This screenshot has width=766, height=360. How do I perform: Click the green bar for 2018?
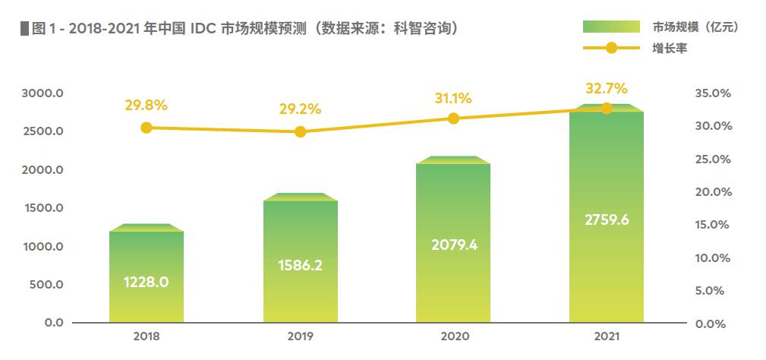tap(147, 273)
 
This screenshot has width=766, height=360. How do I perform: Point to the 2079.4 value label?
tap(453, 245)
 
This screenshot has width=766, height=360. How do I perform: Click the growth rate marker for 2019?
tap(300, 131)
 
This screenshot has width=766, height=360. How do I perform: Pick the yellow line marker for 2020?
tap(453, 118)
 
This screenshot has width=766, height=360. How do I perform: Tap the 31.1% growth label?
tap(453, 98)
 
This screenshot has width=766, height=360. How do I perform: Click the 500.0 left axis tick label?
tap(47, 285)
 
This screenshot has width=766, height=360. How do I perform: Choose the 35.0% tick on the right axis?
tap(712, 93)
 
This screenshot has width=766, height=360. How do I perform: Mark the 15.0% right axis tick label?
tap(712, 225)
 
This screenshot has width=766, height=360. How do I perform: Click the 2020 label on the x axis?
tap(453, 336)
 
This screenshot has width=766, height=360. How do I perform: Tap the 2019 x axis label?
tap(300, 336)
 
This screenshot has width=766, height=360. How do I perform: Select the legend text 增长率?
tap(669, 49)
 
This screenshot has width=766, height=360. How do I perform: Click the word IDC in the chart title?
tap(195, 28)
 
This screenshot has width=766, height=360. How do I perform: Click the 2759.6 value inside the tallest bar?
tap(607, 220)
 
